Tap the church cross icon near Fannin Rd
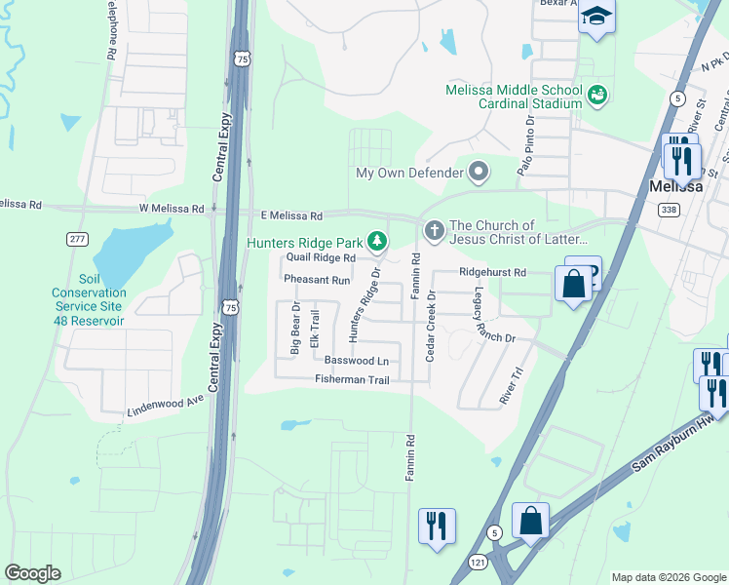coord(434,231)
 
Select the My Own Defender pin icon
coord(479,174)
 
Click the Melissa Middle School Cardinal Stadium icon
coord(597,95)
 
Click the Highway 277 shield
coord(78,239)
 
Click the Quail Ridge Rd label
coord(320,257)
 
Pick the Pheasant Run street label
coord(316,280)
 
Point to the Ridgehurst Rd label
coord(492,272)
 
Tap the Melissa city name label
coord(676,186)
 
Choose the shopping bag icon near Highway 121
coord(530,522)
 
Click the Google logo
coord(32,573)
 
